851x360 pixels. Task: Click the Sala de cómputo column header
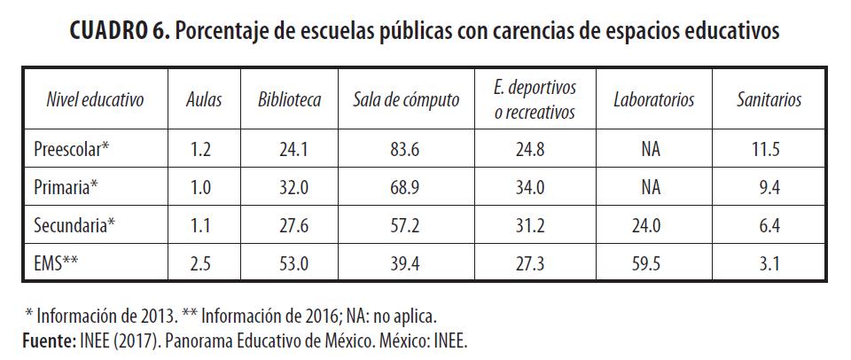406,100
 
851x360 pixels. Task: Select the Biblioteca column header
290,100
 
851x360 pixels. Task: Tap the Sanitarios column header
769,100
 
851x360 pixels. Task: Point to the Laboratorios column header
653,100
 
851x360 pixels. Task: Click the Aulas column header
205,100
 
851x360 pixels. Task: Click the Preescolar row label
72,149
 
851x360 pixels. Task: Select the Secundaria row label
75,225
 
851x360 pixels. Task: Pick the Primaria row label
66,187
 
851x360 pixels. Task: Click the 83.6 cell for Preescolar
406,149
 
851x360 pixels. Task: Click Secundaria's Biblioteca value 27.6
290,225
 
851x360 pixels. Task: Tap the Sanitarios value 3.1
769,263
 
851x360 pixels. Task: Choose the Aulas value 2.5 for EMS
201,263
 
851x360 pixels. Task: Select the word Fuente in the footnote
47,340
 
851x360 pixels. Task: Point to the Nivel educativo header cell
95,100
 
